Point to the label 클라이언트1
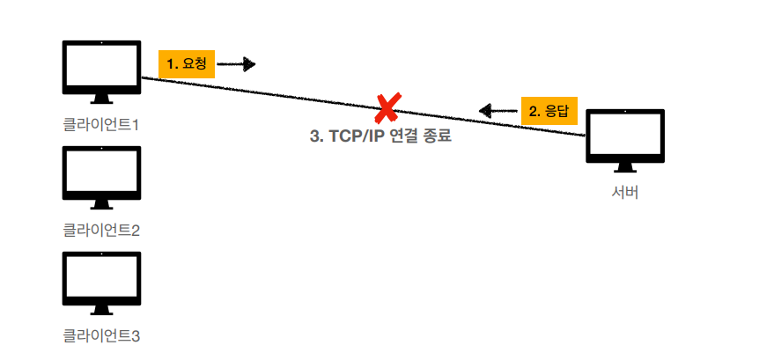[102, 124]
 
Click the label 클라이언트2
[102, 230]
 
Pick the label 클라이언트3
[102, 335]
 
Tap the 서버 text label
[625, 193]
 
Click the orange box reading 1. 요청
[187, 64]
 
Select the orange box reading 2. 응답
[549, 111]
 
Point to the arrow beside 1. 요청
[236, 64]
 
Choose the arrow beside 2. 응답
[498, 111]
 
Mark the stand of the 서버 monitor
[625, 167]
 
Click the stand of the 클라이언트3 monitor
[102, 309]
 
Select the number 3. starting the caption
[316, 137]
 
